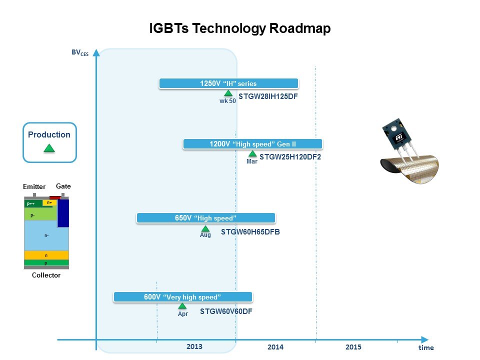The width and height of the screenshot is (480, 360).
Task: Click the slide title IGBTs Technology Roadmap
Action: pos(239,28)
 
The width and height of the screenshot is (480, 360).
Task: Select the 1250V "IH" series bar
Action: pos(228,83)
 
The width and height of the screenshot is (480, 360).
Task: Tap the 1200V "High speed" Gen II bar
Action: pos(252,144)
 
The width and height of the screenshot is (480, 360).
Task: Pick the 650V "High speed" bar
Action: pos(205,218)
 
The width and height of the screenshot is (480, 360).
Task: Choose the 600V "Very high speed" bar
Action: pos(183,297)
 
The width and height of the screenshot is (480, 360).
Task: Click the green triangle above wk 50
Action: pos(228,93)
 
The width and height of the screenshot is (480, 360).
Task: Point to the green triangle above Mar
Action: pos(252,153)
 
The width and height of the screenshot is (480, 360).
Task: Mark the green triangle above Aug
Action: pos(205,228)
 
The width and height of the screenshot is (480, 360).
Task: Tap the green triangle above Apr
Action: pos(182,306)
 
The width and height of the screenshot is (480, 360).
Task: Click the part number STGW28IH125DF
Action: pos(268,96)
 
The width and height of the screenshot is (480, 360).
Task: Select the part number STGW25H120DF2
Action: pos(290,157)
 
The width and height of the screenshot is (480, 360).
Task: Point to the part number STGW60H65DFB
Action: pos(250,232)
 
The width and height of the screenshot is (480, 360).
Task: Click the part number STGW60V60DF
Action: pos(226,311)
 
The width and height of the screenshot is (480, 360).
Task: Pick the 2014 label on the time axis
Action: pos(275,347)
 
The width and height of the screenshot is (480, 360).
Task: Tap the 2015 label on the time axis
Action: pos(353,347)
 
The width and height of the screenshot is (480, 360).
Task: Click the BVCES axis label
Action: pos(80,52)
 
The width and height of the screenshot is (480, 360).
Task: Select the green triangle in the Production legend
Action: pos(49,148)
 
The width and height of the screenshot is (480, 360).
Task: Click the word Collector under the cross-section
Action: pos(46,275)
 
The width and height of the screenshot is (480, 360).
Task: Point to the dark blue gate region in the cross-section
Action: pos(63,213)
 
